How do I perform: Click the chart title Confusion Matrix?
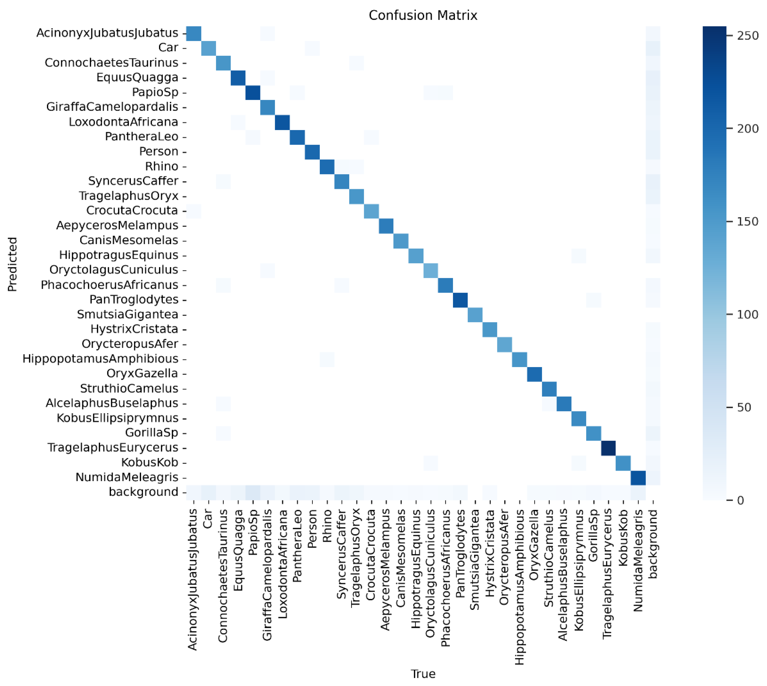point(423,16)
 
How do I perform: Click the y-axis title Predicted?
point(12,264)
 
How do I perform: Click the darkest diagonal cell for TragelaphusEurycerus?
point(608,448)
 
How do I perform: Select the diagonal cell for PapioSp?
point(253,92)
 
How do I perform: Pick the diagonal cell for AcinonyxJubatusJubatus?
point(194,33)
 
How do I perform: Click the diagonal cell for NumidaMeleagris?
point(638,477)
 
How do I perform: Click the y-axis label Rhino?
point(161,166)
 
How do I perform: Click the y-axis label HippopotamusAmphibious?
point(100,359)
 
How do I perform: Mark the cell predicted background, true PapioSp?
point(253,492)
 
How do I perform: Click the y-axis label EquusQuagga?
point(137,78)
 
